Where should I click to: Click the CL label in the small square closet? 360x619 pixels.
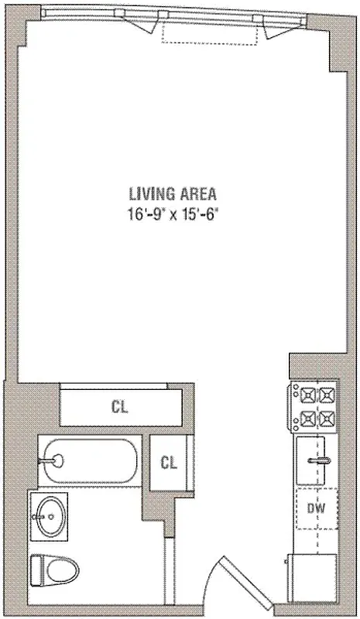point(169,463)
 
